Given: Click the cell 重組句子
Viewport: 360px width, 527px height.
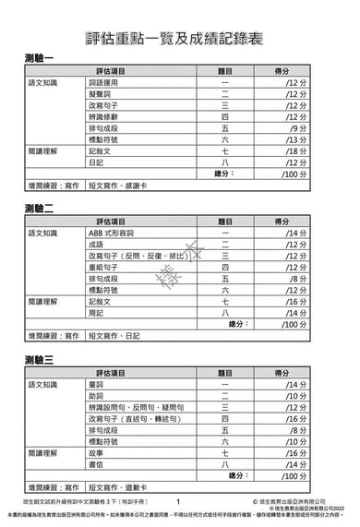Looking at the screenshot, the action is (x=104, y=267).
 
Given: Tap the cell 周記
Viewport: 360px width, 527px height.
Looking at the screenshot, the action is (x=96, y=312).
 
